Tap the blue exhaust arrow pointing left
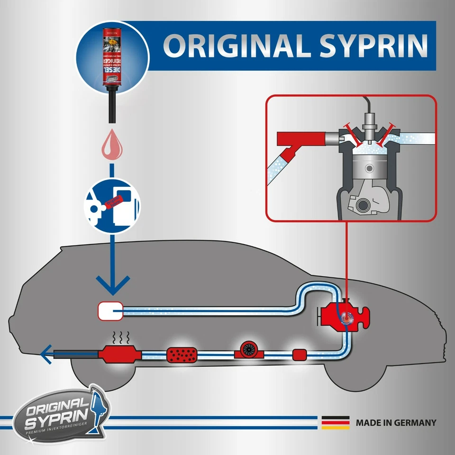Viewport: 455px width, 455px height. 46,353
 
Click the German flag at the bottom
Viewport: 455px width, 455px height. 336,422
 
